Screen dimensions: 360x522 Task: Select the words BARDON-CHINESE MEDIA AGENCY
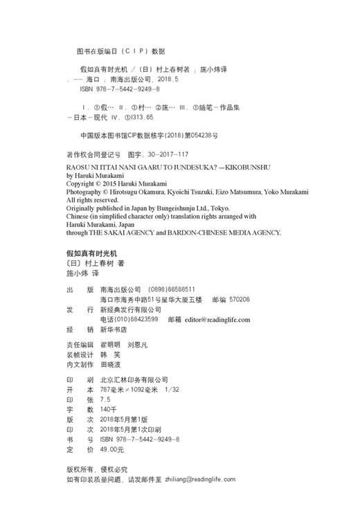point(225,233)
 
